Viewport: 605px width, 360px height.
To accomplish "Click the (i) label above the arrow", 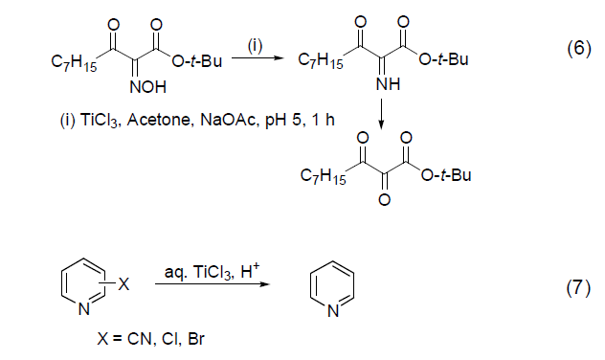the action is [256, 43].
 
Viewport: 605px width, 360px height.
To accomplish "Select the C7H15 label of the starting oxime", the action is [73, 64].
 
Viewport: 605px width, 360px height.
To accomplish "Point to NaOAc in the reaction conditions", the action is [225, 121].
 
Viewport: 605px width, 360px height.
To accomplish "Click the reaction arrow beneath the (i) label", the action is [256, 58].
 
